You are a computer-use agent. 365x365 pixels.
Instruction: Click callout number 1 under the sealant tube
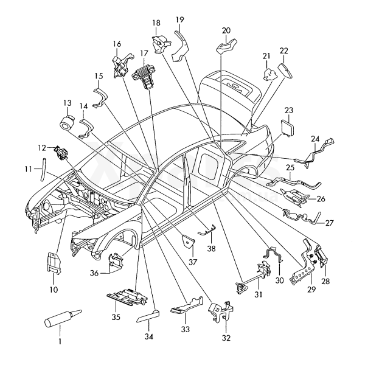tap(60, 342)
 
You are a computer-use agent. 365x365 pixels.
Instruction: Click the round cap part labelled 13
tap(68, 122)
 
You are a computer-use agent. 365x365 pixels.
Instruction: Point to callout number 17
tap(144, 54)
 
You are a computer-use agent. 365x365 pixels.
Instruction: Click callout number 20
tap(226, 30)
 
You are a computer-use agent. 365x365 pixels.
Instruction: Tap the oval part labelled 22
tap(286, 69)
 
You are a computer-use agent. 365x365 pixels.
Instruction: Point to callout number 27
tap(329, 223)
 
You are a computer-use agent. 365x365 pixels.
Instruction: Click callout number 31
tap(259, 296)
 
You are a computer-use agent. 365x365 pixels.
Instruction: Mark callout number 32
tap(226, 338)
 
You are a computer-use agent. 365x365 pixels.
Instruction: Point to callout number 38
tap(211, 248)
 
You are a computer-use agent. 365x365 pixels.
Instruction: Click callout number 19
tap(180, 19)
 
